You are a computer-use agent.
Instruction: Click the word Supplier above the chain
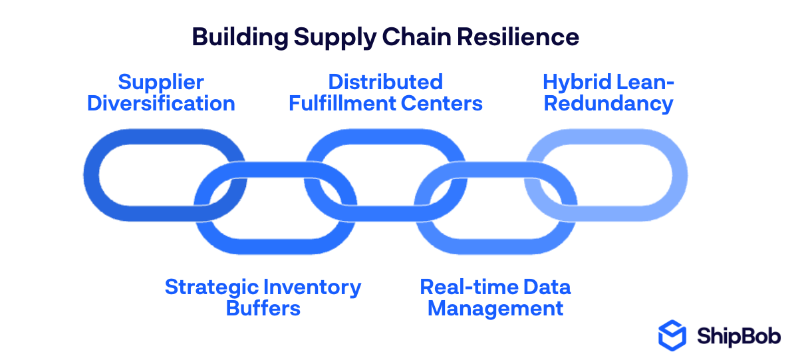tap(161, 83)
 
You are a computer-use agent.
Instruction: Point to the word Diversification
tap(161, 104)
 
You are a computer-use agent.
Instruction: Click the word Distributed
tap(386, 83)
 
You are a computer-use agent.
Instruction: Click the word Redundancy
tap(608, 104)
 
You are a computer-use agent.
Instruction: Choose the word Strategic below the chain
tap(211, 287)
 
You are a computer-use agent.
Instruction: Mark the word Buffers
tap(263, 309)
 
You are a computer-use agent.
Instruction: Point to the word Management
tap(495, 309)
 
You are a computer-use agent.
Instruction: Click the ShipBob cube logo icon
tap(672, 335)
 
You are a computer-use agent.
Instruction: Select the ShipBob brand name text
tap(739, 335)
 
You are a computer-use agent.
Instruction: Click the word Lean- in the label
tap(641, 83)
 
